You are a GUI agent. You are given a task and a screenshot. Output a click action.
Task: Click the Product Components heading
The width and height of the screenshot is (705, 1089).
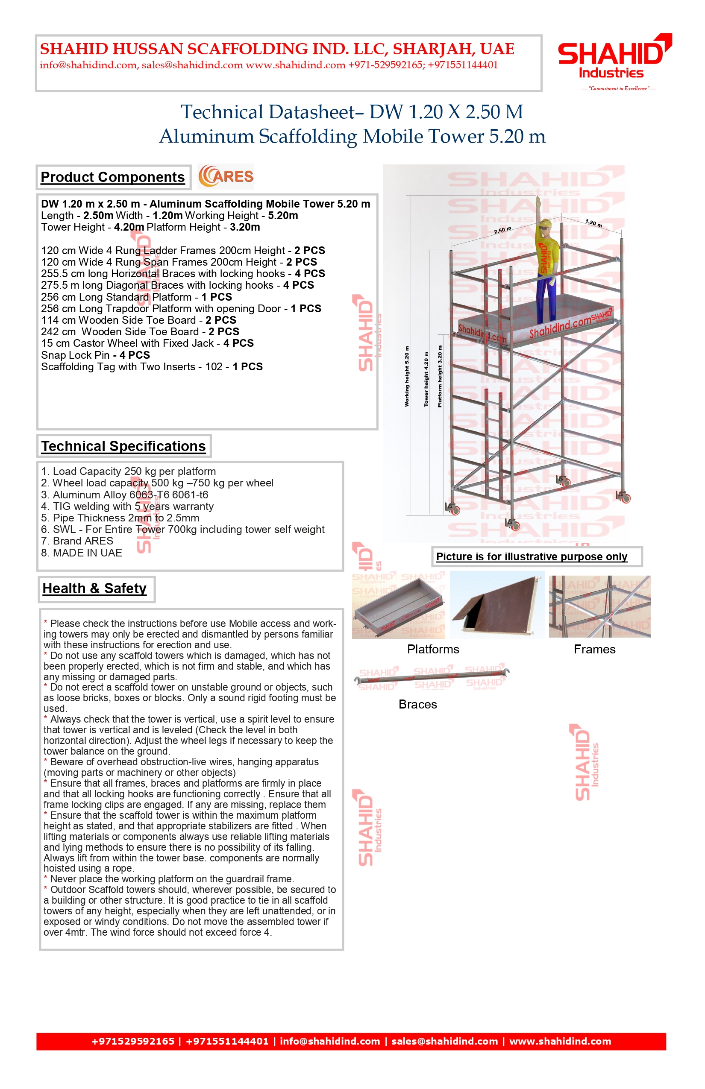point(113,177)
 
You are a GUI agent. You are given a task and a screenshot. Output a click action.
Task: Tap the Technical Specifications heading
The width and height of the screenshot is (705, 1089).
point(123,446)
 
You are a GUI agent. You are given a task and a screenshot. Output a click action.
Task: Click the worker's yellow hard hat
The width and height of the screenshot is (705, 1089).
point(545,224)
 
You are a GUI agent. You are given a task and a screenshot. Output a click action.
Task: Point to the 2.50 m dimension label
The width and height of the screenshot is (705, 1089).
point(502,230)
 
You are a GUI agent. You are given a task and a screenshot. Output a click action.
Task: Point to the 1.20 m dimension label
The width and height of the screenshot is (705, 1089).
point(593,223)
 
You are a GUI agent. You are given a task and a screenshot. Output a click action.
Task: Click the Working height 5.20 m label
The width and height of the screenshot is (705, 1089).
point(406,376)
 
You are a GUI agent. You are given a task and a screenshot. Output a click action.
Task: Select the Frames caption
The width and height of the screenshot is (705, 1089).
point(594,649)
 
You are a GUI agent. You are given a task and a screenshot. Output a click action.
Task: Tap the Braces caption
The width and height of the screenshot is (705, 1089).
point(417,704)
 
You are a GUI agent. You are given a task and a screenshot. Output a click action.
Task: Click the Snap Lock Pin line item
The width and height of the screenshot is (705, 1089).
point(95,355)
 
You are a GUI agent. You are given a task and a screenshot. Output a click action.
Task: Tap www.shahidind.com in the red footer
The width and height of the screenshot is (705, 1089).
point(560,1042)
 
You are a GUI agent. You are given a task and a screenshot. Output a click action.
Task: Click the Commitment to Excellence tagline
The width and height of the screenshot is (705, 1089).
point(618,88)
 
